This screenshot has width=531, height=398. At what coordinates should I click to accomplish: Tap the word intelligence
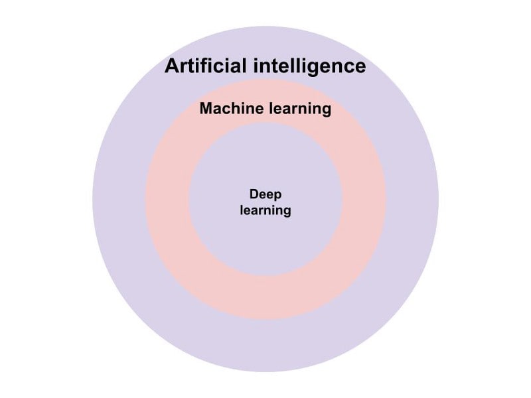click(x=310, y=66)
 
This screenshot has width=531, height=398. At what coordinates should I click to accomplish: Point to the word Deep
click(x=265, y=194)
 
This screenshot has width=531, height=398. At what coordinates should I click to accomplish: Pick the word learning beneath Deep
click(x=265, y=212)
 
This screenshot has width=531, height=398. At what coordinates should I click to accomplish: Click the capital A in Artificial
click(x=172, y=66)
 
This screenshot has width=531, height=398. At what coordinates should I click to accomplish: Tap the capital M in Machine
click(x=206, y=109)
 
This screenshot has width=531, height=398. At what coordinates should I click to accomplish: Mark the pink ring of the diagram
click(x=166, y=199)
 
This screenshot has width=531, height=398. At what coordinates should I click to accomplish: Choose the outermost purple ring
click(x=119, y=199)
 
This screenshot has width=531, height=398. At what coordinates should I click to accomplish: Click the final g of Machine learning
click(x=326, y=111)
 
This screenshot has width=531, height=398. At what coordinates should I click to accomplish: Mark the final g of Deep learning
click(x=287, y=213)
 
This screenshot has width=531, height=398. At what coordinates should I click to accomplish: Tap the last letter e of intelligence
click(x=359, y=68)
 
